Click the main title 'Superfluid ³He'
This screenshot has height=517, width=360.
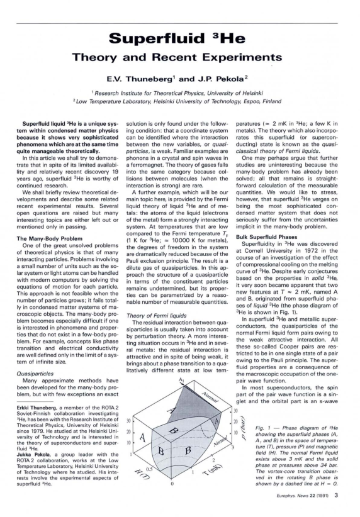coord(179,40)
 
